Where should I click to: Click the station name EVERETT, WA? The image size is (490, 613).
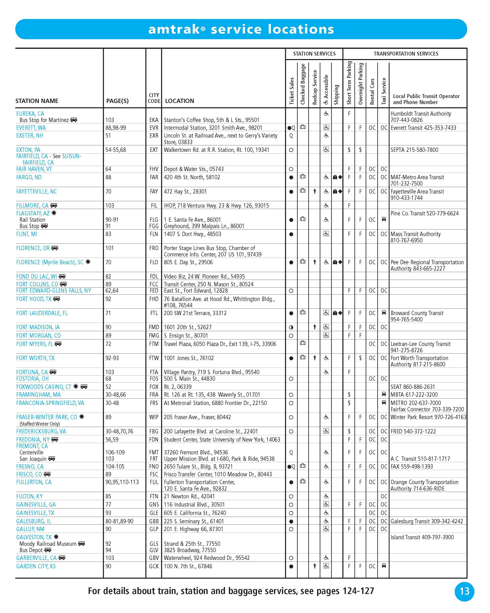click(x=31, y=128)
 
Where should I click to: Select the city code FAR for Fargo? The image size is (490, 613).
click(x=154, y=177)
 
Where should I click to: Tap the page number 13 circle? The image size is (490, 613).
click(x=464, y=591)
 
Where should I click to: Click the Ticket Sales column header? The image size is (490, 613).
click(x=291, y=91)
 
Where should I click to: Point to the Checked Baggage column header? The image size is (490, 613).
click(x=303, y=84)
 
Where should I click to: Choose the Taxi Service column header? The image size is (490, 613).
click(x=383, y=91)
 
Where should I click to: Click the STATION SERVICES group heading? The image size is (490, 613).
click(x=314, y=54)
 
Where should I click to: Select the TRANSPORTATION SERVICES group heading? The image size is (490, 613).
click(x=406, y=54)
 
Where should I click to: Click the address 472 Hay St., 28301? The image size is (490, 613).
click(x=185, y=191)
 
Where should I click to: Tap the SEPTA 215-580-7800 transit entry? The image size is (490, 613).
click(x=414, y=150)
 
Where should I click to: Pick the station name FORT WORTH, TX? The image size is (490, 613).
click(x=35, y=358)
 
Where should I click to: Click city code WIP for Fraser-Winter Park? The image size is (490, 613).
click(x=154, y=417)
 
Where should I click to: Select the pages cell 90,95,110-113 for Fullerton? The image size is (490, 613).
click(x=122, y=482)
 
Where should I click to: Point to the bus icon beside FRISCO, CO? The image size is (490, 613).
click(x=47, y=474)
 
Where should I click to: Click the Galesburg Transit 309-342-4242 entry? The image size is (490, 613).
click(x=426, y=521)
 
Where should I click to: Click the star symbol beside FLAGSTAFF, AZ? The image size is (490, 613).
click(x=54, y=213)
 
